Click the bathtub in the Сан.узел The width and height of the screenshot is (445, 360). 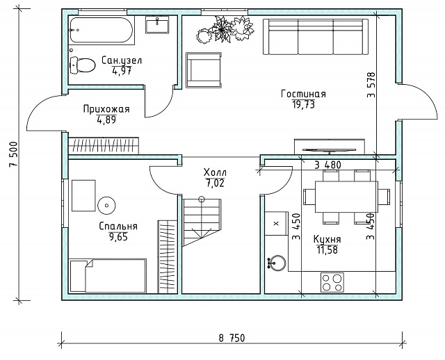pyautogui.click(x=101, y=30)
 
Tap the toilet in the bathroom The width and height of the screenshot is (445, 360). pyautogui.click(x=83, y=65)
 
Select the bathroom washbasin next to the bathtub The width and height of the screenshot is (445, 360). pyautogui.click(x=157, y=25)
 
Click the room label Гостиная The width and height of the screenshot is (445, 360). pyautogui.click(x=303, y=94)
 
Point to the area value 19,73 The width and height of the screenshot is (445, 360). pyautogui.click(x=303, y=105)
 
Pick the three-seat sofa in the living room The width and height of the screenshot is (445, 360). pyautogui.click(x=316, y=36)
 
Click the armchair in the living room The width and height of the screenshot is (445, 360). pyautogui.click(x=204, y=70)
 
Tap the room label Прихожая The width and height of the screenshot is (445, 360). pyautogui.click(x=106, y=109)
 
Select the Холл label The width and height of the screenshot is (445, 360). pyautogui.click(x=215, y=172)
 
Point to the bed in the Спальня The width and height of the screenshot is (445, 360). pyautogui.click(x=108, y=275)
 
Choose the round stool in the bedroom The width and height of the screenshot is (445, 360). pyautogui.click(x=106, y=206)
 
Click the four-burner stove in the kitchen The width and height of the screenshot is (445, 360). pyautogui.click(x=332, y=283)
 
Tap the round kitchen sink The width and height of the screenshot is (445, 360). pyautogui.click(x=277, y=263)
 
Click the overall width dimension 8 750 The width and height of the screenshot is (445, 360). pyautogui.click(x=232, y=338)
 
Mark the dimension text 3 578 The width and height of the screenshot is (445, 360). pyautogui.click(x=371, y=85)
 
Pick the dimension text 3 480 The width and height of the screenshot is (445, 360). pyautogui.click(x=327, y=165)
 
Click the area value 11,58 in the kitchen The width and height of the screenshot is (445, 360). pyautogui.click(x=327, y=250)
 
